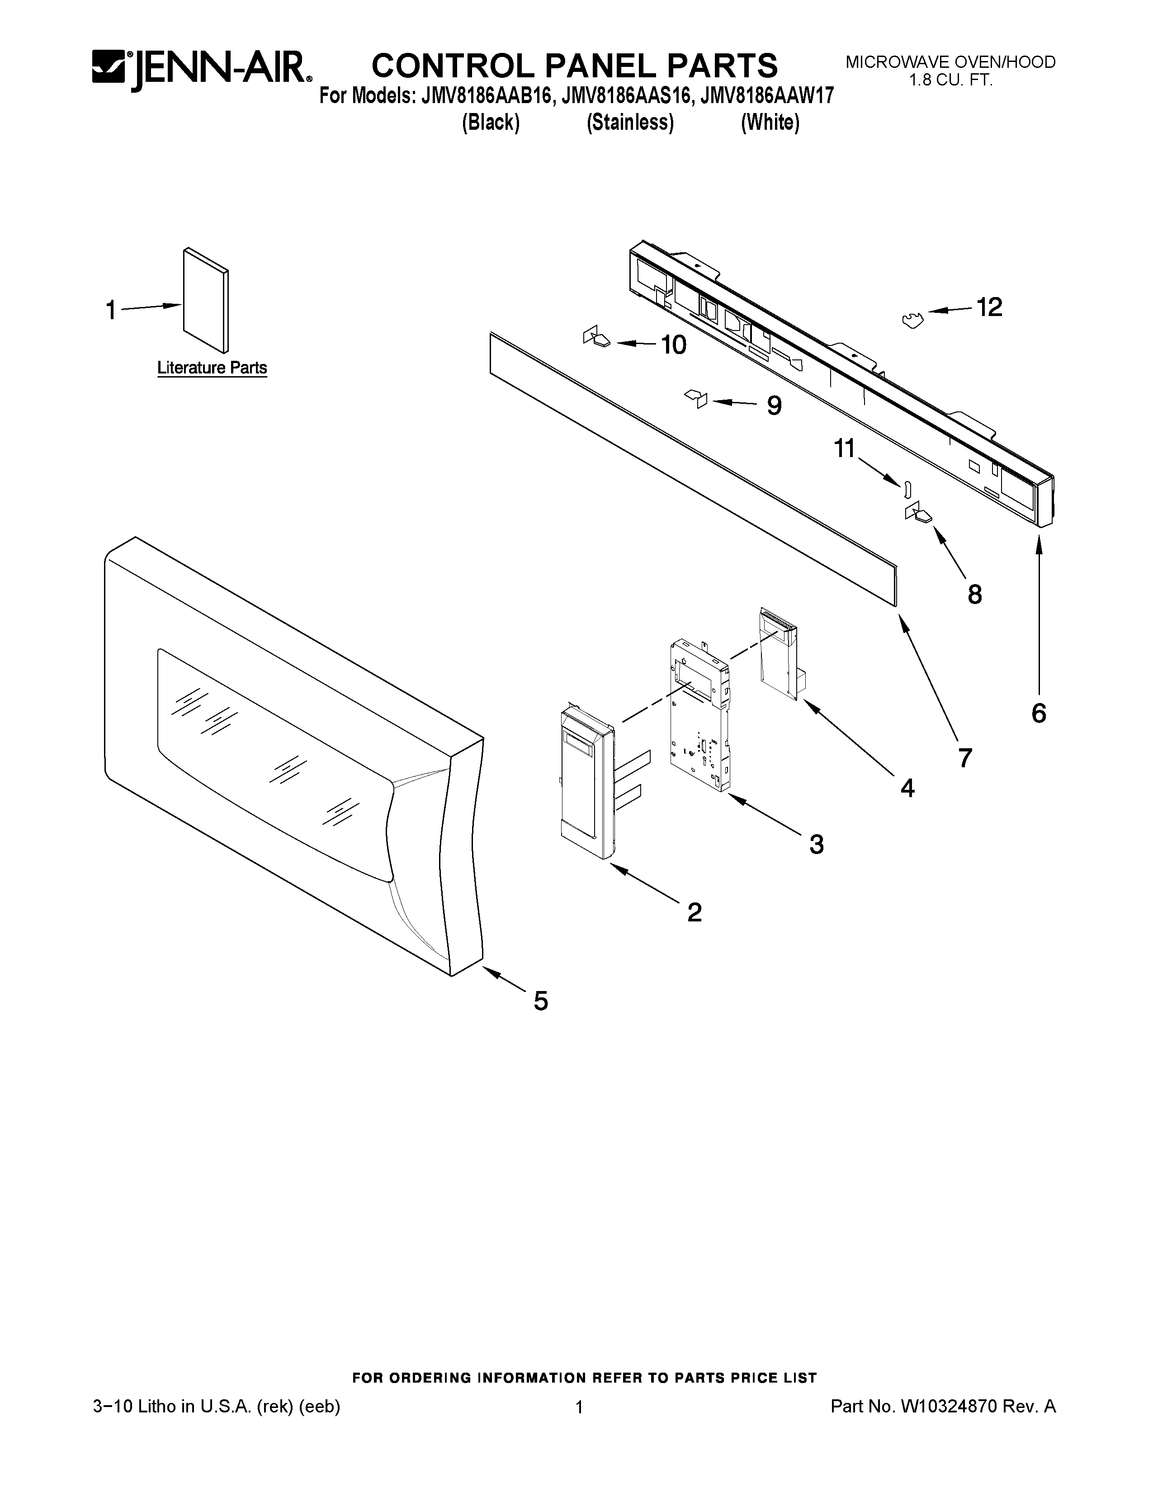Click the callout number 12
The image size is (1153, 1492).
tap(988, 307)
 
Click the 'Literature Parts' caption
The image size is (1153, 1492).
tap(212, 368)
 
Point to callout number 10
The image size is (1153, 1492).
tap(674, 345)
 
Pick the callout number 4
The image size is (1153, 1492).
tap(907, 788)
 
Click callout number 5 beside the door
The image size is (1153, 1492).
tap(540, 1001)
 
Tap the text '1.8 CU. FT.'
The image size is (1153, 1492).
tap(950, 80)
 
